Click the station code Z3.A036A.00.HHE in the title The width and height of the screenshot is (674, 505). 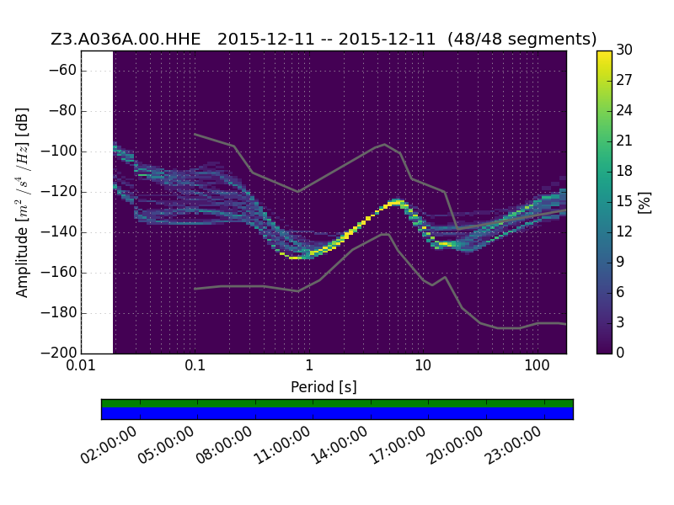point(126,39)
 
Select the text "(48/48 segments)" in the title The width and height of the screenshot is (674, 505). point(522,39)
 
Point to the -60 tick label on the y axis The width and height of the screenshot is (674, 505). point(62,70)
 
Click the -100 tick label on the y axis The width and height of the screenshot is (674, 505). point(58,151)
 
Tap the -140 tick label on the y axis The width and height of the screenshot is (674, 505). point(58,232)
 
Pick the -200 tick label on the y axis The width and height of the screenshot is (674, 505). point(58,353)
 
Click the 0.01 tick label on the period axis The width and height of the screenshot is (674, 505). point(81,365)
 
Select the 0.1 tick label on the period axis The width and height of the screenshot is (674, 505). point(195,365)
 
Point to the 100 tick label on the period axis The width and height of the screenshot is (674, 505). point(537,365)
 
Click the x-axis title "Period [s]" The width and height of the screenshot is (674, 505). point(324,387)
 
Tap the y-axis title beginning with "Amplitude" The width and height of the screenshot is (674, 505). point(23,202)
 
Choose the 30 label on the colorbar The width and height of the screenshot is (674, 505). point(624,50)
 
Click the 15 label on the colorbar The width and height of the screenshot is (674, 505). point(624,201)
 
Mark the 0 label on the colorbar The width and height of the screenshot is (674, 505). point(620,353)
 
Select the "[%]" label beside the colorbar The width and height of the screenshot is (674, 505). point(645,202)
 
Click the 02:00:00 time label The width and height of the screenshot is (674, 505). point(109,445)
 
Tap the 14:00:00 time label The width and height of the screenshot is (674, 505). point(339,445)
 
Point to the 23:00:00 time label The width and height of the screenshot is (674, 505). point(512,445)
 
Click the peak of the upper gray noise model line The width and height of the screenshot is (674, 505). point(385,144)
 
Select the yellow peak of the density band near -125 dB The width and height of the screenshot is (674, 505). point(396,202)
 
